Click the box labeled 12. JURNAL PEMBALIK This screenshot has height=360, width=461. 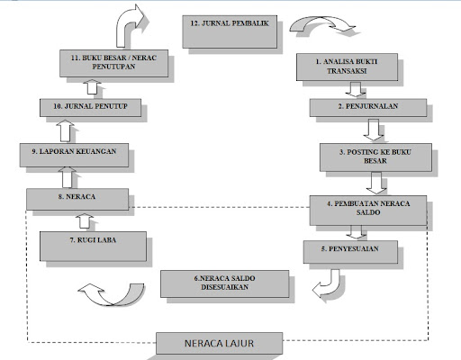tap(230, 31)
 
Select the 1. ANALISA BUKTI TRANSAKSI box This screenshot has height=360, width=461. tap(347, 67)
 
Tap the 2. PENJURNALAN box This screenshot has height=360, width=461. tap(368, 108)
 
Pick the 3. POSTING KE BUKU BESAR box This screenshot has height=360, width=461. tap(375, 157)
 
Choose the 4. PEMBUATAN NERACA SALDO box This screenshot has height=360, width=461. tap(368, 211)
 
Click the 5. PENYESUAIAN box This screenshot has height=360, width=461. tap(350, 252)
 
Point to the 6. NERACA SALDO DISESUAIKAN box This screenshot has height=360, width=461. tap(225, 283)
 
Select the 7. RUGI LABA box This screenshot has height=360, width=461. tap(93, 247)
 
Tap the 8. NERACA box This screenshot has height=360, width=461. tap(77, 199)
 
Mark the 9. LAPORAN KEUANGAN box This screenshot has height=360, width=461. tap(74, 155)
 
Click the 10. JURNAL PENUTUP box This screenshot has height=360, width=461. tap(90, 108)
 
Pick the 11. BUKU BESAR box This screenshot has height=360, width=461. tap(113, 63)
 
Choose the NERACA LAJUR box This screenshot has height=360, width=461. tap(219, 343)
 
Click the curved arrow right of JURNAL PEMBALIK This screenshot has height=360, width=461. tap(322, 22)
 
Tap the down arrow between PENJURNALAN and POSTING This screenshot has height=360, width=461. tap(374, 130)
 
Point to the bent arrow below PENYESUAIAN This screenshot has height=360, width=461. tap(330, 286)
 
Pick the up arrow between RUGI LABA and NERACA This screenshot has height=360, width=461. tap(85, 221)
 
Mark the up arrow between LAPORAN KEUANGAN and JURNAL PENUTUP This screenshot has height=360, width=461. tap(65, 130)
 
